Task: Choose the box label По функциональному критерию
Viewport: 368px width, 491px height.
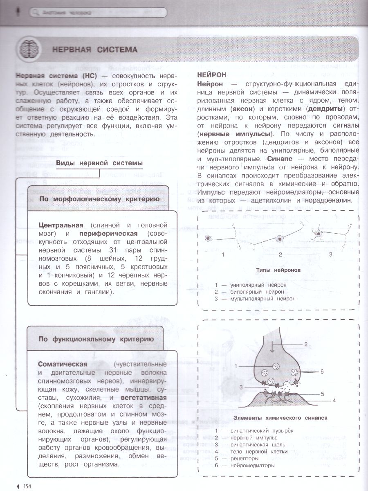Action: click(x=96, y=339)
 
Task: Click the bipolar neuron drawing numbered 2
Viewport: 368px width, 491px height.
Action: click(x=280, y=239)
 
